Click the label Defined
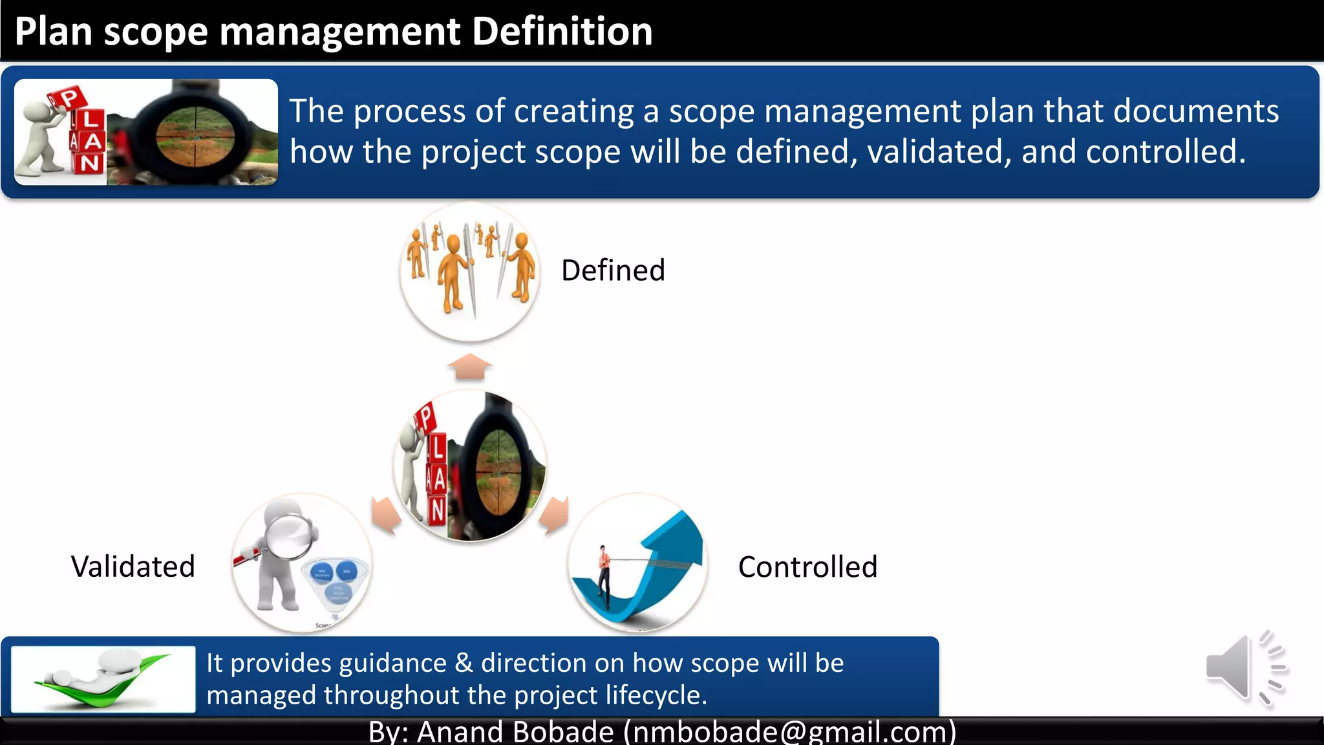coord(613,270)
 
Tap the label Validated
coord(133,567)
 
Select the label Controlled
coord(807,567)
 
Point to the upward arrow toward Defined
coord(470,367)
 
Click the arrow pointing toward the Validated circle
coord(386,514)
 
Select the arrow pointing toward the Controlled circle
coord(554,515)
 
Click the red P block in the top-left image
coord(67,99)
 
